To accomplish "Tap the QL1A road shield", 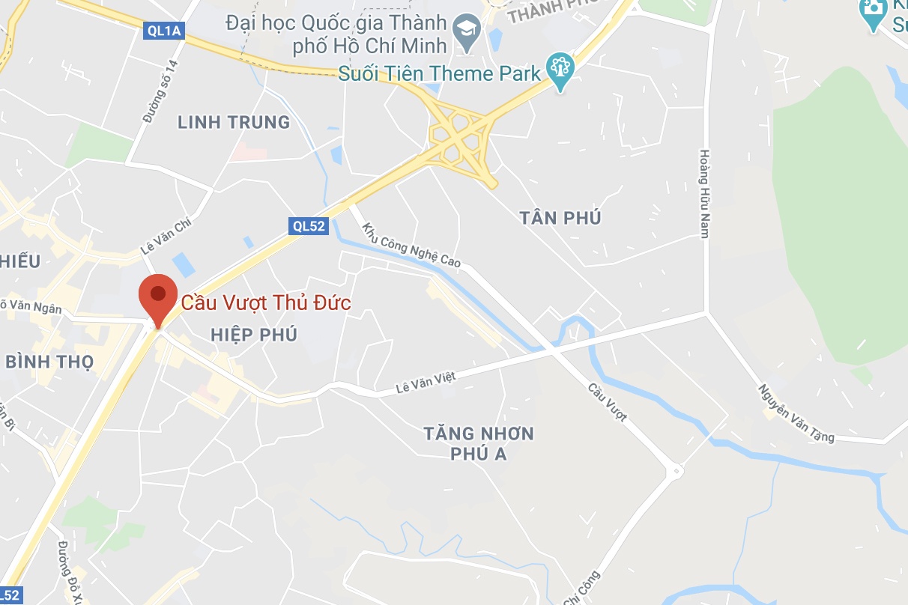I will click(x=163, y=30).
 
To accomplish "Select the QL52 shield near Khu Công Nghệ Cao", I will click(x=309, y=226).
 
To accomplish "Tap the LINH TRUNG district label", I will click(x=234, y=122).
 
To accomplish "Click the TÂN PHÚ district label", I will click(x=560, y=218).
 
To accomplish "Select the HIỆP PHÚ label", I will click(x=255, y=334).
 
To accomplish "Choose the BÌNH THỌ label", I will click(x=49, y=362).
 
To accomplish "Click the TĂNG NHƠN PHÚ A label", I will click(x=479, y=443).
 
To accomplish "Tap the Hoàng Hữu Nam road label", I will click(x=704, y=193).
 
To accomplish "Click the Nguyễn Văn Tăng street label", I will click(x=796, y=413).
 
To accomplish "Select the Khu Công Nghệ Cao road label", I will click(x=411, y=246).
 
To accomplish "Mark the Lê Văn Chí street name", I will click(x=166, y=236).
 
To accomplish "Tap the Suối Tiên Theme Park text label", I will click(x=439, y=73).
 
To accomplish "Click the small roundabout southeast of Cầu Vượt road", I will click(x=677, y=471).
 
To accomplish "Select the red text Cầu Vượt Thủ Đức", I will click(x=266, y=302).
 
